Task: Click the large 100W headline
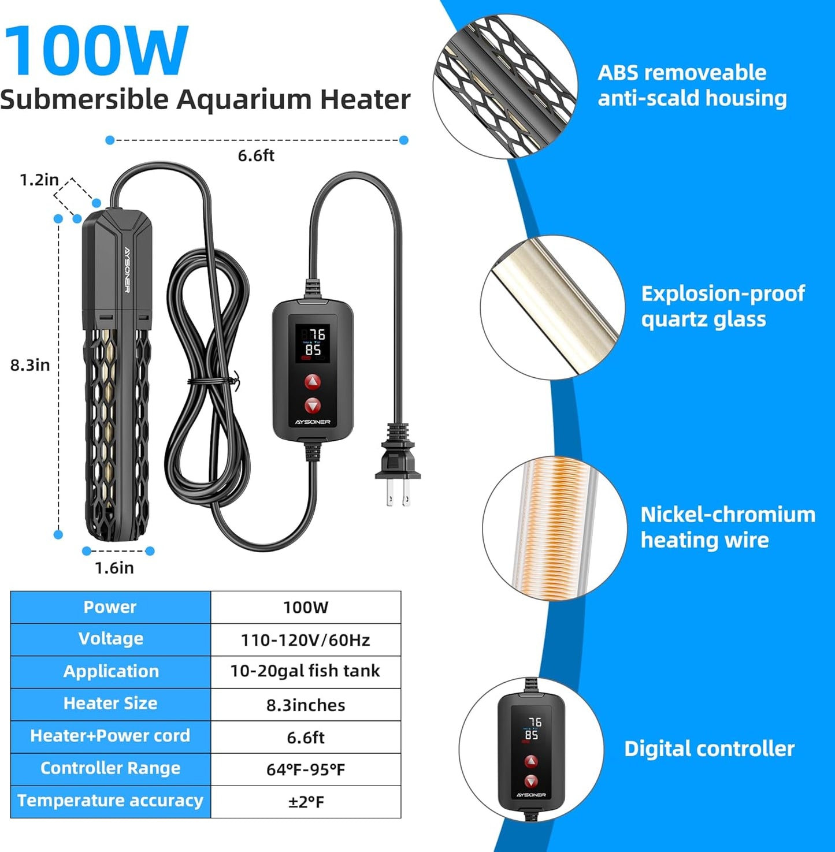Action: coord(96,51)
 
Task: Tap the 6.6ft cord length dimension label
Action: coord(256,155)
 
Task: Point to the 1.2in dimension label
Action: coord(39,180)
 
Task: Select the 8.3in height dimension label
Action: coord(30,364)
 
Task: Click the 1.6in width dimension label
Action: coord(114,568)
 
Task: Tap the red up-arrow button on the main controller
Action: coord(312,382)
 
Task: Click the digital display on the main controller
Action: coord(313,343)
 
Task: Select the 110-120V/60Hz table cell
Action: coord(305,640)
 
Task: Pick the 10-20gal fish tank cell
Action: coord(305,671)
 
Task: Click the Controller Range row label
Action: coord(110,768)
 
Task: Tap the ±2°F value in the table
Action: coord(306,802)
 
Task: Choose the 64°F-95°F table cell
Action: coord(305,769)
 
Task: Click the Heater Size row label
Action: coord(110,704)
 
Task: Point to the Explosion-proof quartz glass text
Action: coord(722,306)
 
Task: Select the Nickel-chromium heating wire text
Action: coord(728,527)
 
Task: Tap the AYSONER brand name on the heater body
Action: coord(127,270)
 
